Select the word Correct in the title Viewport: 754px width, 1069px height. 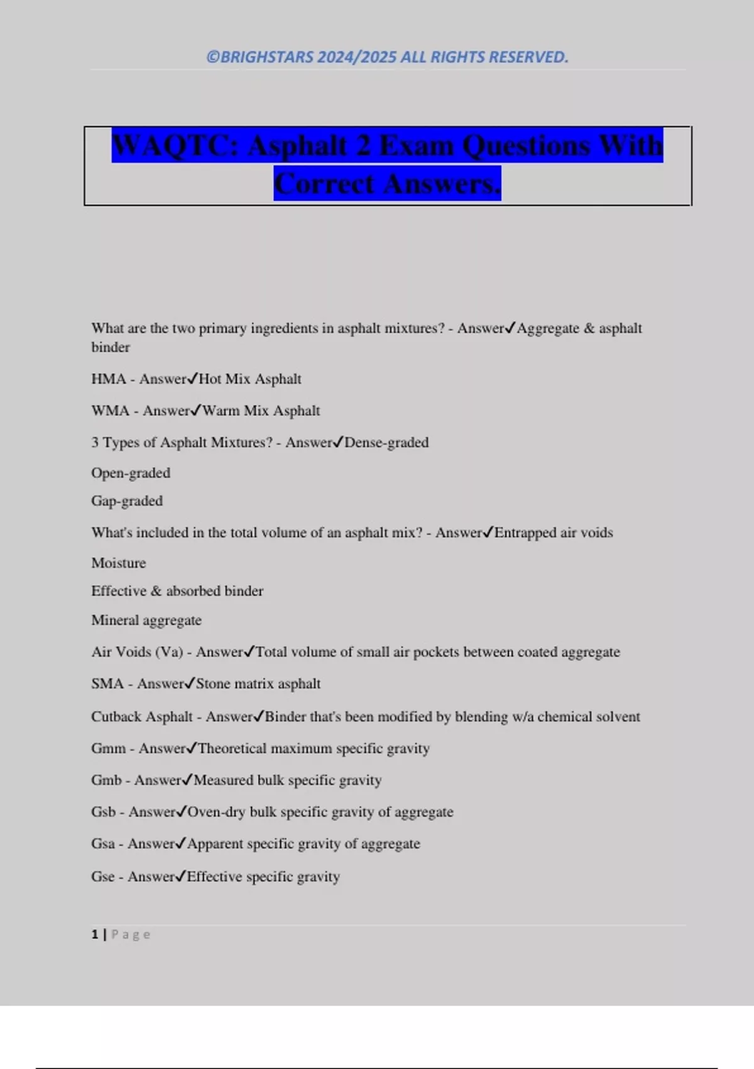pyautogui.click(x=324, y=184)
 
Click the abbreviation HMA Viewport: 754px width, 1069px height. pyautogui.click(x=108, y=379)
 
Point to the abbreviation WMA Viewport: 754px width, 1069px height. pyautogui.click(x=110, y=411)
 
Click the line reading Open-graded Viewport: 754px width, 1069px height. pyautogui.click(x=131, y=473)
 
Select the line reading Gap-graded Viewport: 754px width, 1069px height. pyautogui.click(x=127, y=501)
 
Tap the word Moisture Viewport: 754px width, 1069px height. pyautogui.click(x=119, y=563)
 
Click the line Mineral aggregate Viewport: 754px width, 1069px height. pyautogui.click(x=146, y=620)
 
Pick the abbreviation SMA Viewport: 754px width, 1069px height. pyautogui.click(x=107, y=684)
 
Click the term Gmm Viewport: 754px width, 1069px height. pyautogui.click(x=108, y=748)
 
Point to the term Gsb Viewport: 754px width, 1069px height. pyautogui.click(x=104, y=812)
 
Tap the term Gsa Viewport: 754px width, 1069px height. pyautogui.click(x=103, y=844)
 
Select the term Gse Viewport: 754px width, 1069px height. pyautogui.click(x=103, y=877)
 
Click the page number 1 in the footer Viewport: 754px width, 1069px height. pyautogui.click(x=95, y=934)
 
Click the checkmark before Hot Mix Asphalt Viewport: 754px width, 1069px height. pyautogui.click(x=193, y=379)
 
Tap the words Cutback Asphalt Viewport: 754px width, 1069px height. pyautogui.click(x=142, y=717)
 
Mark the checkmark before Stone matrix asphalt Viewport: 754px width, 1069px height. pyautogui.click(x=190, y=683)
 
